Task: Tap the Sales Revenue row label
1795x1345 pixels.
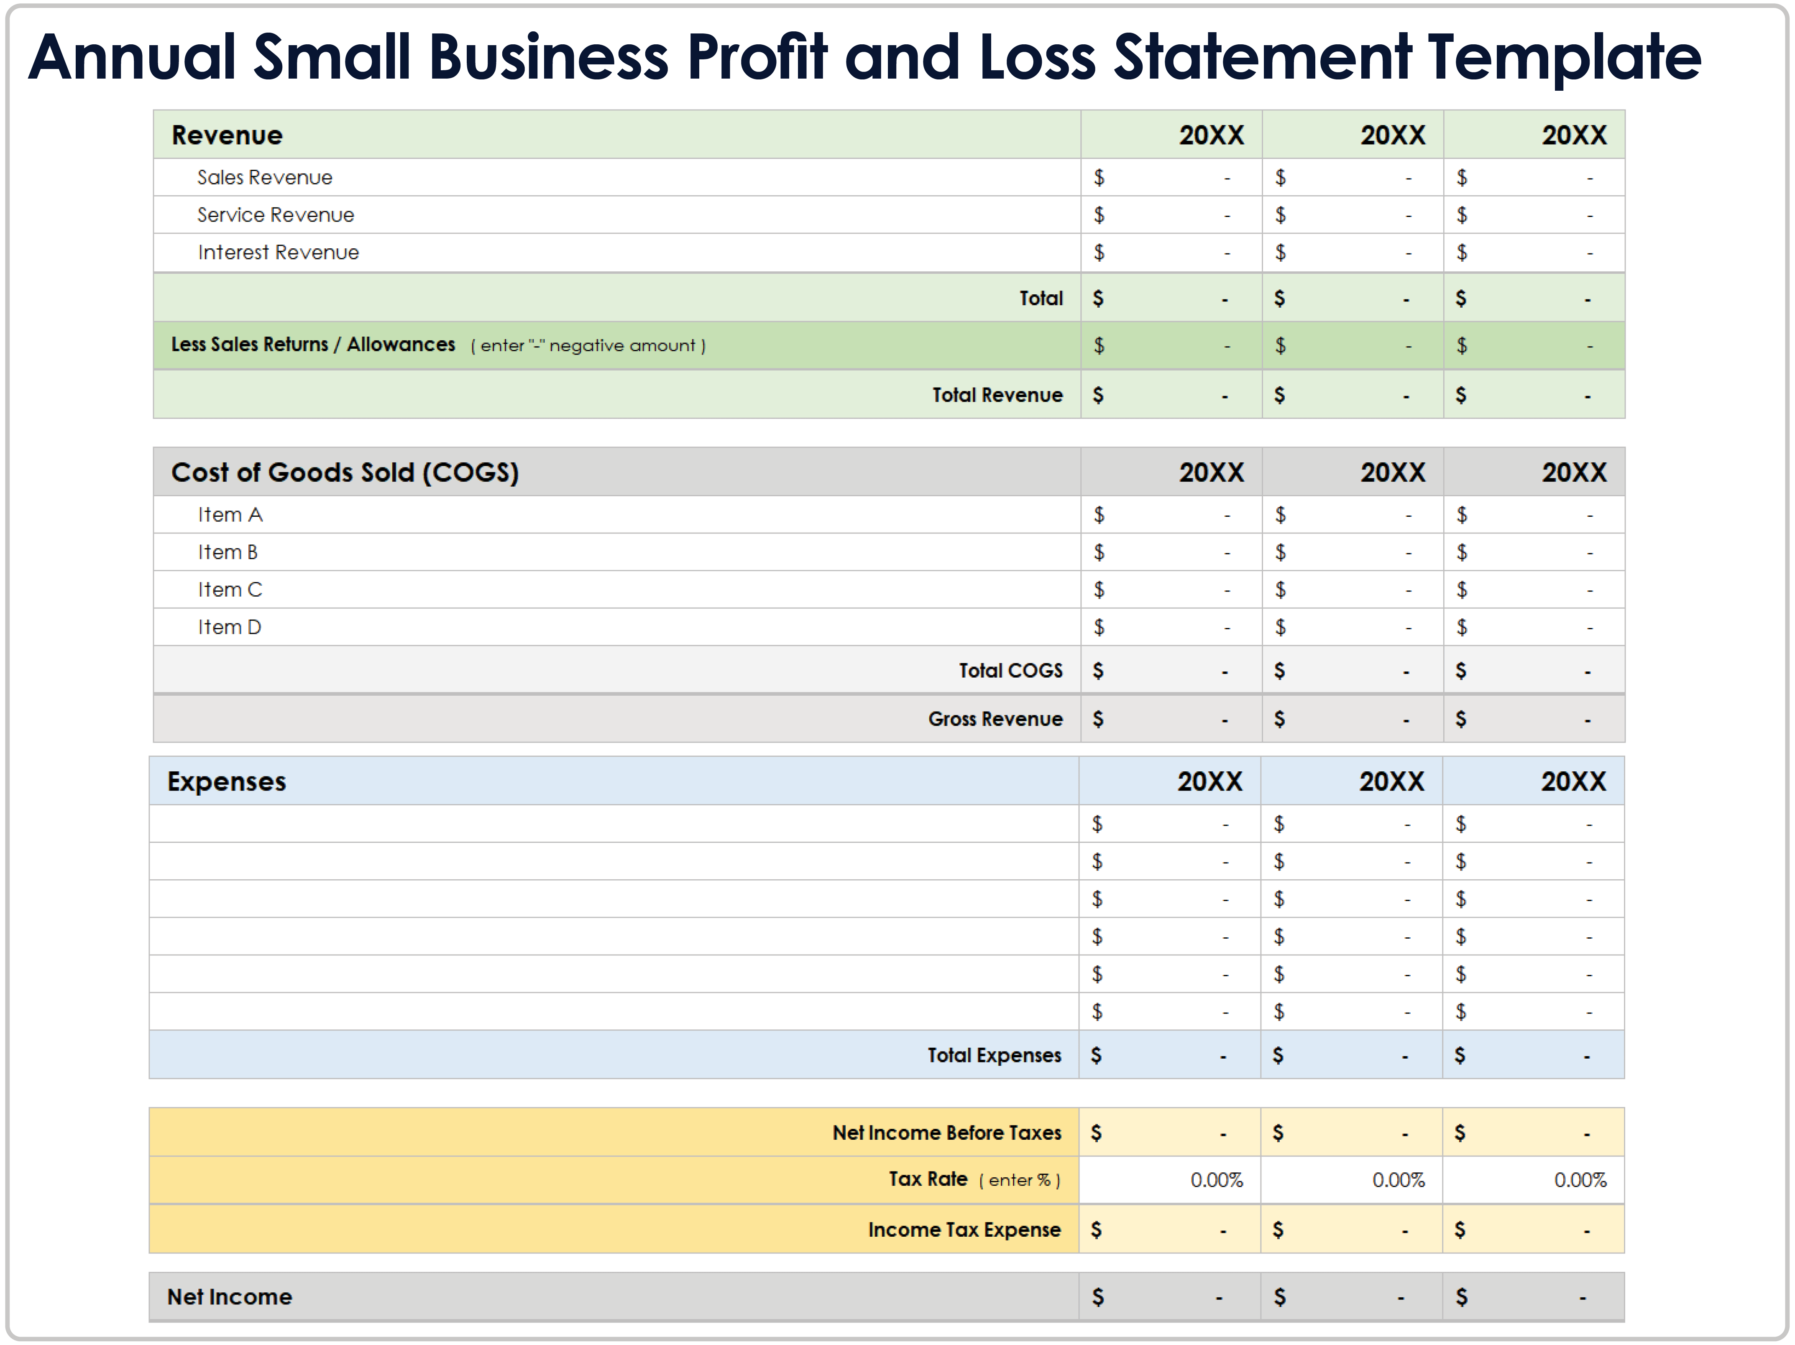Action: point(265,178)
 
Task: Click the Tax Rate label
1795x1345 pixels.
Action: point(928,1179)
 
